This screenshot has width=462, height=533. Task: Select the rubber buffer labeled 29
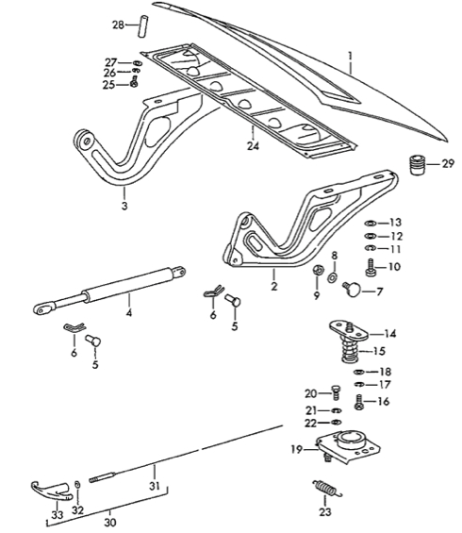coord(418,166)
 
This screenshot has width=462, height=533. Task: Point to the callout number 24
coord(253,146)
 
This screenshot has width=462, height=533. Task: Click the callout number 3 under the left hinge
coord(124,203)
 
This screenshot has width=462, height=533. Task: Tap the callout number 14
coord(390,333)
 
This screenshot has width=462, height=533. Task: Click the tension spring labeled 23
coord(326,491)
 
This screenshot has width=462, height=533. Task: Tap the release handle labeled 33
coord(41,491)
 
